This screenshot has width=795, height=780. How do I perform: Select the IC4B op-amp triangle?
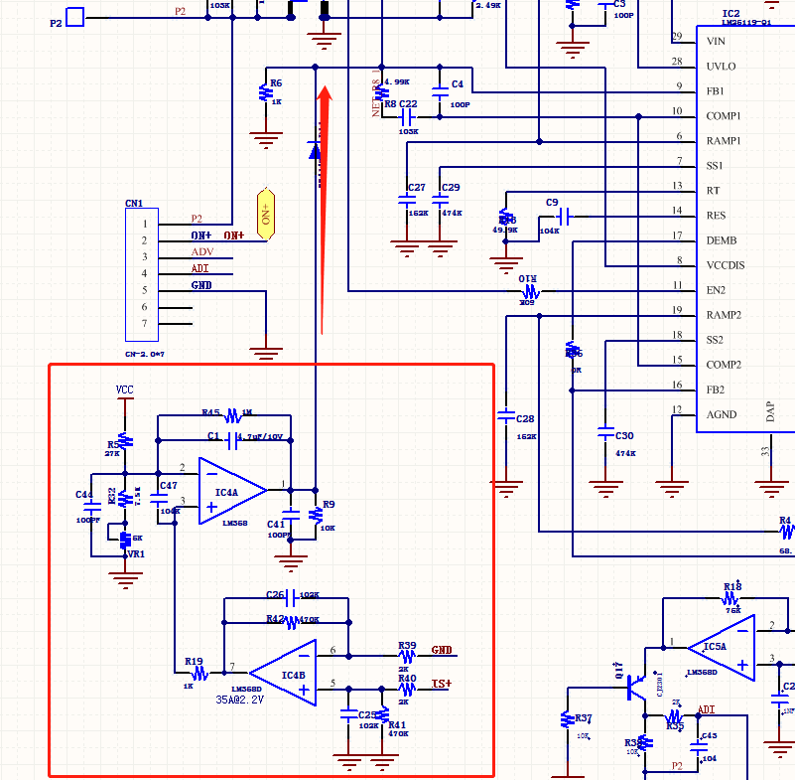point(286,673)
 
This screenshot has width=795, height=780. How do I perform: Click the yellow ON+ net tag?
point(265,214)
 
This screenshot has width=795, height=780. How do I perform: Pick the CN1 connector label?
point(134,204)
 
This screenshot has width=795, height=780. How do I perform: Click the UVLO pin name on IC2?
point(721,67)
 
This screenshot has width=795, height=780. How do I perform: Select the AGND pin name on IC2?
point(722,414)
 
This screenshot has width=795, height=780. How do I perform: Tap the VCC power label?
point(124,390)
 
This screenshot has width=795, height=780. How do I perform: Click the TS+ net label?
point(442,684)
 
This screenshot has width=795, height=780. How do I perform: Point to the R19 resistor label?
point(194,661)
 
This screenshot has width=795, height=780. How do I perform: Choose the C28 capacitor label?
point(525,419)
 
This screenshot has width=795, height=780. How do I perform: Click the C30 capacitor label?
point(624,436)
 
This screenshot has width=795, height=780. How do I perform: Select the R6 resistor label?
point(276,83)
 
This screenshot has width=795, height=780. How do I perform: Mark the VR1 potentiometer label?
point(135,553)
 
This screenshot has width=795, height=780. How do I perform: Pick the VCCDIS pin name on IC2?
point(726,265)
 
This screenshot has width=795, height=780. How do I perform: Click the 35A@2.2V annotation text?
point(240,700)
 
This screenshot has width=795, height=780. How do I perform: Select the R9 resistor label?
point(330,504)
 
